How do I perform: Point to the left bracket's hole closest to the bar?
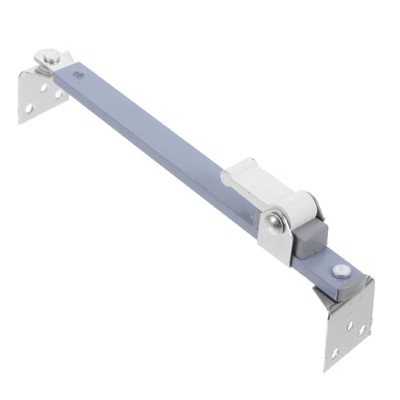click(x=58, y=94)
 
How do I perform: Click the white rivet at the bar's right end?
click(x=342, y=269)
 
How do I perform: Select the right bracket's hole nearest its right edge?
click(x=361, y=328)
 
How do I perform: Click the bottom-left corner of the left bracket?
click(x=21, y=120)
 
